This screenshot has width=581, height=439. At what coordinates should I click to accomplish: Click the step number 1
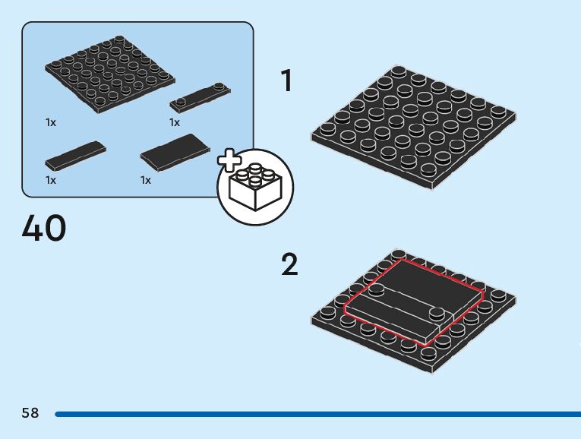click(286, 81)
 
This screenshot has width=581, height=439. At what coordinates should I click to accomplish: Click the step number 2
click(289, 265)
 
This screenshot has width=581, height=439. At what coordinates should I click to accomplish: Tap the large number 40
click(44, 228)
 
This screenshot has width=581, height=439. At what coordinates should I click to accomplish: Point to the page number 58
click(30, 413)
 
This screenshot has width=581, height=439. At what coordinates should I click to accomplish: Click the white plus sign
click(228, 161)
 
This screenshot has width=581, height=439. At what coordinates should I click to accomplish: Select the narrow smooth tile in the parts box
click(75, 154)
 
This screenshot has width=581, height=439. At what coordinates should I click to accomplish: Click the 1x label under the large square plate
click(51, 122)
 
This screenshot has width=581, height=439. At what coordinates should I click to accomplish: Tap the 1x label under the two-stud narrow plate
click(175, 122)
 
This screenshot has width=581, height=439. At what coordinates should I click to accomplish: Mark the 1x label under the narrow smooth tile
click(51, 180)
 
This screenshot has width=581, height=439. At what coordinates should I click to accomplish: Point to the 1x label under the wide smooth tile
click(146, 180)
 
